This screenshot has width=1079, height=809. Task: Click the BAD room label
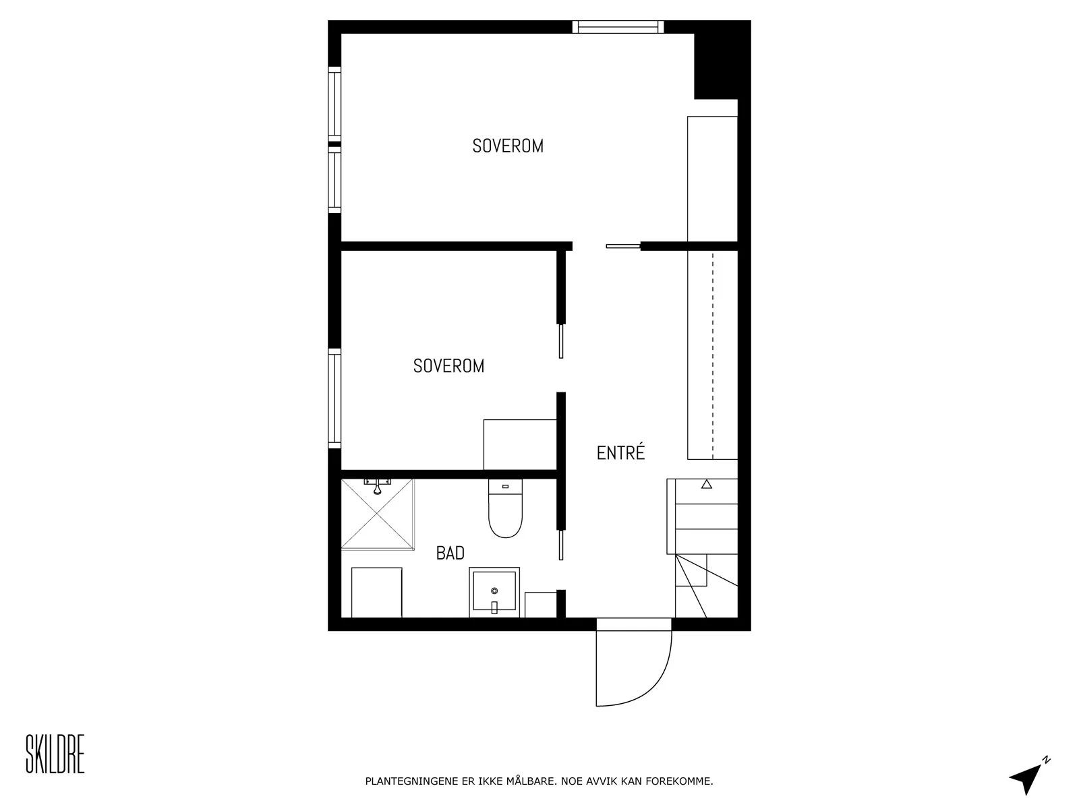coord(450,553)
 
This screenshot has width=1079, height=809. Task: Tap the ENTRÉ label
coord(620,452)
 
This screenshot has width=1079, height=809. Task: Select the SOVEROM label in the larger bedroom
coord(508,146)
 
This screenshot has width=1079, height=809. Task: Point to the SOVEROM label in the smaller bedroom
coord(448,366)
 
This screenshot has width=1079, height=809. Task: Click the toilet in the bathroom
coord(505,508)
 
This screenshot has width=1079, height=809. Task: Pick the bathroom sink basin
coord(494,592)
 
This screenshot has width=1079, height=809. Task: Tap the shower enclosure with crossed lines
coord(378,514)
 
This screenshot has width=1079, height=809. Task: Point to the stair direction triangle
coord(706,484)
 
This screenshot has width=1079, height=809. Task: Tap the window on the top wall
coord(618,26)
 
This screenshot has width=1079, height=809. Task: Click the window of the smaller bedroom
coord(334,398)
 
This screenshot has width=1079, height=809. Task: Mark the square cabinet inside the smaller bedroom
coord(520,444)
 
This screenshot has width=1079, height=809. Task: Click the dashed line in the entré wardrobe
coord(713,356)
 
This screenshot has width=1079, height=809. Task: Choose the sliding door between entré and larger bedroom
coord(623,246)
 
